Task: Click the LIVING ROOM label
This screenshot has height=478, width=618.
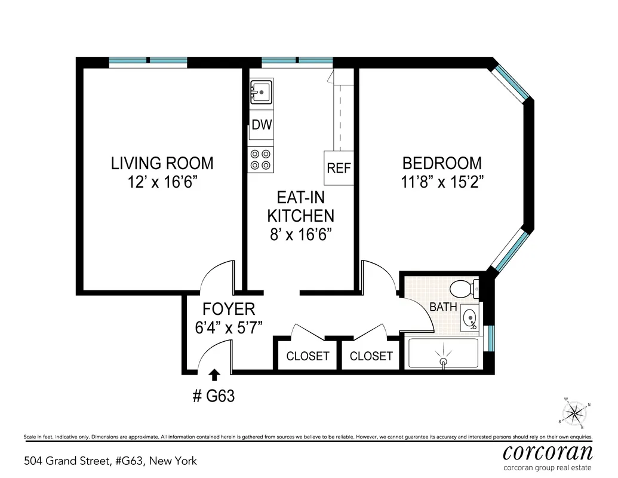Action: pos(162,163)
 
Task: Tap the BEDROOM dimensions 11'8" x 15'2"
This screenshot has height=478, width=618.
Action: pos(442,182)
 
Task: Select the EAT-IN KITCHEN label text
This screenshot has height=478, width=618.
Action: pos(300,207)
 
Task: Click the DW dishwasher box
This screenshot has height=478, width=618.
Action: pos(262,125)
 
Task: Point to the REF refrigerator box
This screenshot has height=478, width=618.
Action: pos(339,168)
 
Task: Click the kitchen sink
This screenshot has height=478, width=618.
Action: pos(261,93)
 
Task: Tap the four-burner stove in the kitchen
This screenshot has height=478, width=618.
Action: pos(261,160)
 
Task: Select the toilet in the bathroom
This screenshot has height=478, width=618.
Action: pos(464,289)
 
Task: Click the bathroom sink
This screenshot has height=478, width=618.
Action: pos(470,318)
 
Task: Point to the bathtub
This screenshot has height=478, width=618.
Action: pos(443,353)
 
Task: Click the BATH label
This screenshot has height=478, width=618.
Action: pos(443,307)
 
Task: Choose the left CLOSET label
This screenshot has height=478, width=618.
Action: pos(308,356)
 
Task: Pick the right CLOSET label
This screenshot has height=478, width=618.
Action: pos(371,356)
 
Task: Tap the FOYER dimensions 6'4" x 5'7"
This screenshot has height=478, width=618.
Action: pos(229,327)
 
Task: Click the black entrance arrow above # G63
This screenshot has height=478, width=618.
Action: pos(214,375)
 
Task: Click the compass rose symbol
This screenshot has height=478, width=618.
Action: pos(574,412)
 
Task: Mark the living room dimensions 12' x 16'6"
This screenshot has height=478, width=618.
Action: pos(162,182)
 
